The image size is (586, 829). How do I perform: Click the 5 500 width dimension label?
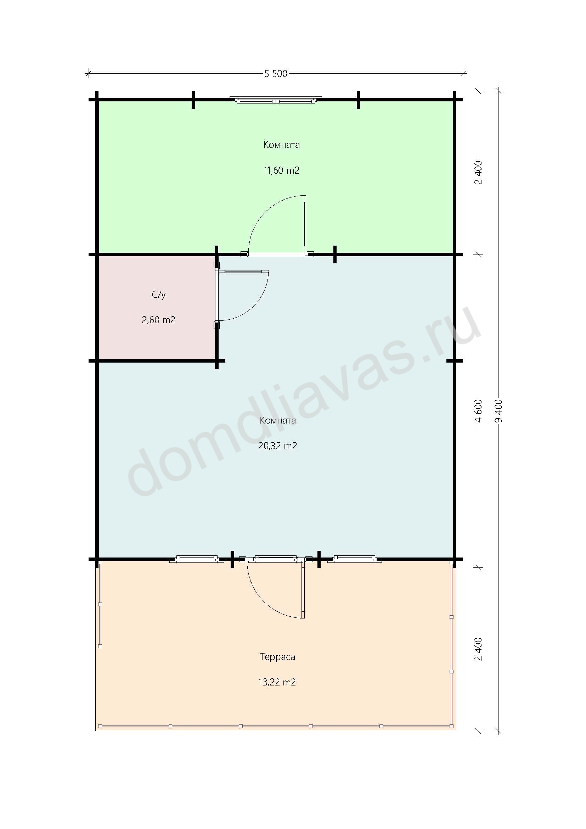point(276,74)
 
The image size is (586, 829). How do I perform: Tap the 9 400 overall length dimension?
point(500,410)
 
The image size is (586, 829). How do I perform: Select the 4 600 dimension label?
point(479,410)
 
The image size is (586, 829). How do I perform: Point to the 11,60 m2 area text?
point(281,170)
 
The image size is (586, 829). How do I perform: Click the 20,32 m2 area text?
point(277,446)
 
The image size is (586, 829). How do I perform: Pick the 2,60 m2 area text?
point(158,320)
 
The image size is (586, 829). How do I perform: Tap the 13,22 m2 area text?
point(277,682)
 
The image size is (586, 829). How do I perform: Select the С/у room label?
point(159,295)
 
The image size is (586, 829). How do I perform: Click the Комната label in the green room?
point(281,145)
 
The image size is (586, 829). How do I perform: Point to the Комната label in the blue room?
point(277,421)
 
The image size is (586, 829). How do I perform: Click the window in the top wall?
point(276,100)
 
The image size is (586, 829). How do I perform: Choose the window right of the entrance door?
point(354,559)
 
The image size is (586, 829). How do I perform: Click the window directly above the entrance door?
point(276,559)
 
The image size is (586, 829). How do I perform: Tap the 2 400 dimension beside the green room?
point(479,172)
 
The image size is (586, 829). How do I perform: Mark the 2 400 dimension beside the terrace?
point(479,649)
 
